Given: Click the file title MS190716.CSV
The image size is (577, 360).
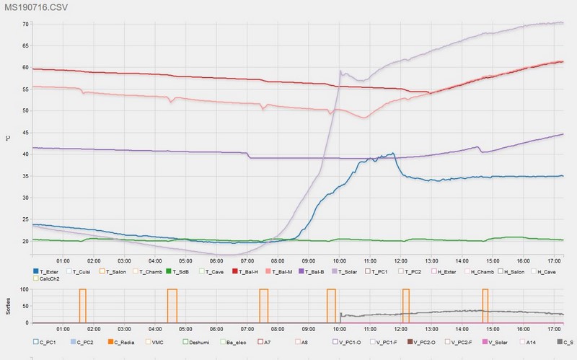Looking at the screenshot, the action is pos(36,7).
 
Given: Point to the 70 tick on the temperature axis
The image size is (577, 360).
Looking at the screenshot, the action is pos(25,25).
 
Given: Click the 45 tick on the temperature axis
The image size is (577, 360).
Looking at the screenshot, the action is pos(25,133).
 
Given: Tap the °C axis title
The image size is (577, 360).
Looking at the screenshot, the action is pos(8,139).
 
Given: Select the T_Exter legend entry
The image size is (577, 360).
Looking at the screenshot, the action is pos(45,272).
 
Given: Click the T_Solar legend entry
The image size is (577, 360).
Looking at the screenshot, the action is pos(345,272).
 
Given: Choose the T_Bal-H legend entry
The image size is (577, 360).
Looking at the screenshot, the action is pos(245,272).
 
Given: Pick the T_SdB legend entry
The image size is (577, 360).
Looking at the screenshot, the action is pos(178,272).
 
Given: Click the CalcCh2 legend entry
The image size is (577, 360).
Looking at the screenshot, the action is pos(46,278).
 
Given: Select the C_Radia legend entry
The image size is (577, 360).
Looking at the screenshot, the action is pos(121,343).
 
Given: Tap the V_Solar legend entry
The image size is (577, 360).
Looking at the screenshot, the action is pos(495,343).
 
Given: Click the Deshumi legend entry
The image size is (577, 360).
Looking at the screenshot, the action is pos(195,343).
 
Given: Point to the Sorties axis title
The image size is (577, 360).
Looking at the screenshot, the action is pos(8,307).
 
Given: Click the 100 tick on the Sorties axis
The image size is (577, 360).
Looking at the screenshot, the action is pos(25,289).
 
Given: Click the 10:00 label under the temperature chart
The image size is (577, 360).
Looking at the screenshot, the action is pos(339,261).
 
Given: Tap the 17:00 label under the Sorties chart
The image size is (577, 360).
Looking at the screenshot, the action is pos(554,329).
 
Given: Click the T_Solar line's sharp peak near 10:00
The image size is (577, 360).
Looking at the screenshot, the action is pos(340,71).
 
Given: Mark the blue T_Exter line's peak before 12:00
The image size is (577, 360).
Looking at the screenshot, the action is pos(393,153).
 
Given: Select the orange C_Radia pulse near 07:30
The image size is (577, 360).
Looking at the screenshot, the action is pos(263,306).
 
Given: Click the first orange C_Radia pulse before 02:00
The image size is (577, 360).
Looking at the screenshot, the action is pos(82,306).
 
